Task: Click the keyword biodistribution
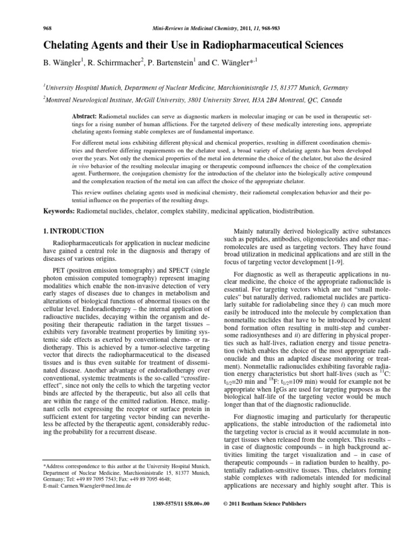(290, 211)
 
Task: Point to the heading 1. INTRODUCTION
(73, 231)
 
